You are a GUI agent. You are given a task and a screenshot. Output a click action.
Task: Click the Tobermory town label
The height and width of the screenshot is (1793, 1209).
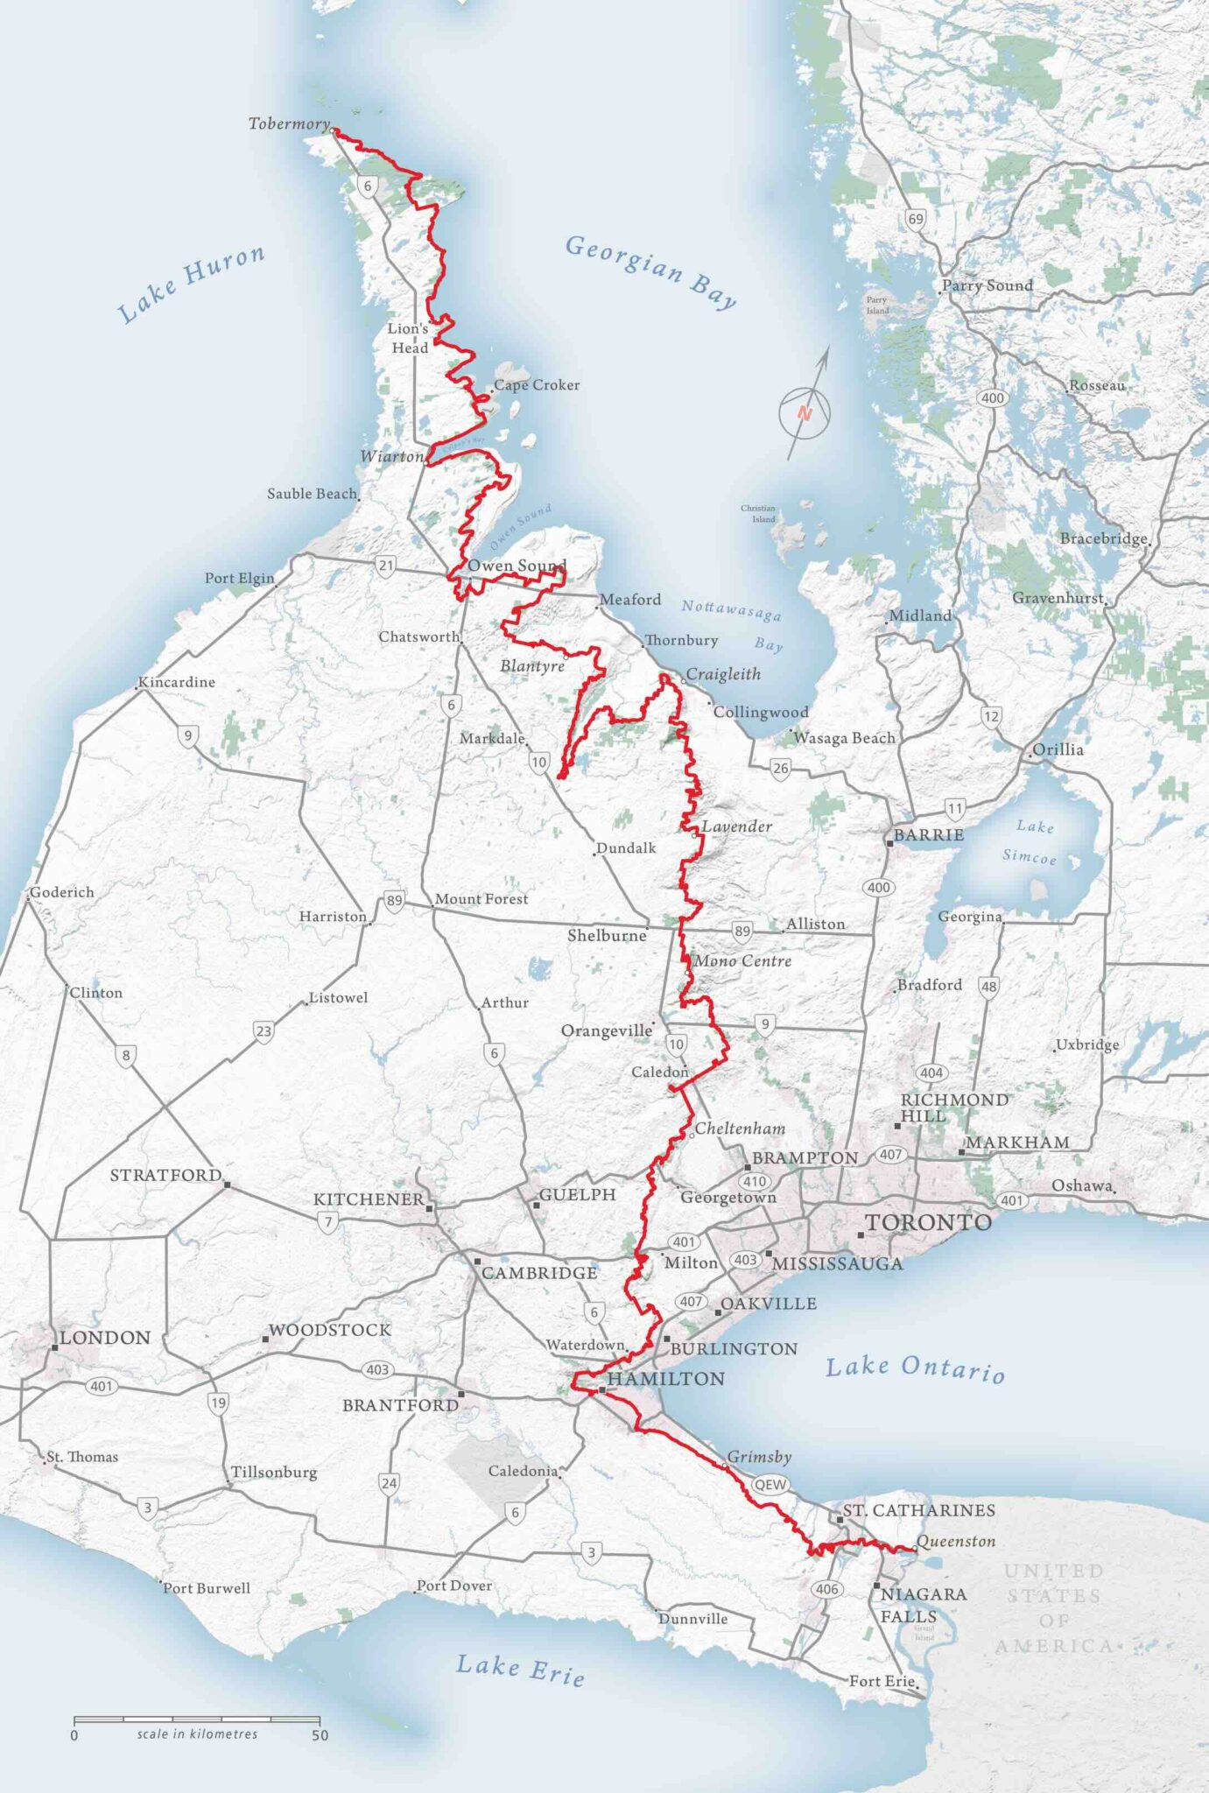(x=289, y=123)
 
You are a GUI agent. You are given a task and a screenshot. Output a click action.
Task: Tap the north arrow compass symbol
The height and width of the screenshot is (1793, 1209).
(x=805, y=413)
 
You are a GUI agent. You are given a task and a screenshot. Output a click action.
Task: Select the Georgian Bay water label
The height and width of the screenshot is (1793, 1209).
(x=650, y=271)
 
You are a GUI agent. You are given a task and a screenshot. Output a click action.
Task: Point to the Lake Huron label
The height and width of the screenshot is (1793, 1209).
(x=191, y=283)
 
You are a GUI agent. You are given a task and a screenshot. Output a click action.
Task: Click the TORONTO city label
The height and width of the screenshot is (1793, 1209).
(x=928, y=1223)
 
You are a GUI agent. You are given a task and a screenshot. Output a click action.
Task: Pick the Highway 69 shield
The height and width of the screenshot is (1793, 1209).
(x=915, y=219)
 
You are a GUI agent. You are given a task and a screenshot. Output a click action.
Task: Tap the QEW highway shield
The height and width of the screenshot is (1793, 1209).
(x=770, y=1484)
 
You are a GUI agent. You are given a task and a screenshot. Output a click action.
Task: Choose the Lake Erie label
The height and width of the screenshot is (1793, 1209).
(x=520, y=1669)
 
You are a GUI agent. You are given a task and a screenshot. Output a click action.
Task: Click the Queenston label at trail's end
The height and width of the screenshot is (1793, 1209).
(x=955, y=1541)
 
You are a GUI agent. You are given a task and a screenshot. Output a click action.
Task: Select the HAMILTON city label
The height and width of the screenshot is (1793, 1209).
(x=665, y=1379)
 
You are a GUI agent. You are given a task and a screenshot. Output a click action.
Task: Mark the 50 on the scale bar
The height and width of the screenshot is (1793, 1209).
(x=320, y=1735)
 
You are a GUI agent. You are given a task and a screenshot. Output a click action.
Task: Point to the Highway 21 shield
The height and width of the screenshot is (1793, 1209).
(x=386, y=565)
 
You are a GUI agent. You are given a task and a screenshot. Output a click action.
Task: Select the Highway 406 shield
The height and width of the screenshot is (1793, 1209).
(x=827, y=1589)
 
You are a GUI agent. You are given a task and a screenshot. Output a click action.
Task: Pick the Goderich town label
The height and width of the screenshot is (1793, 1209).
(x=62, y=892)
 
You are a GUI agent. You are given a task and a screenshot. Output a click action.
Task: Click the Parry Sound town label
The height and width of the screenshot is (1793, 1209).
(x=988, y=285)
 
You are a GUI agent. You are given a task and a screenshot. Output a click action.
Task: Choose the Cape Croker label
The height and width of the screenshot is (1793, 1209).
(x=537, y=385)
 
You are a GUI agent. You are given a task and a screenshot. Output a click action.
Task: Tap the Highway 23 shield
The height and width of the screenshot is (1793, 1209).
(x=264, y=1030)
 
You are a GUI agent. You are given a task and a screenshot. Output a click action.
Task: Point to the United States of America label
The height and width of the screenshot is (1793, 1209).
(x=1053, y=1608)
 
